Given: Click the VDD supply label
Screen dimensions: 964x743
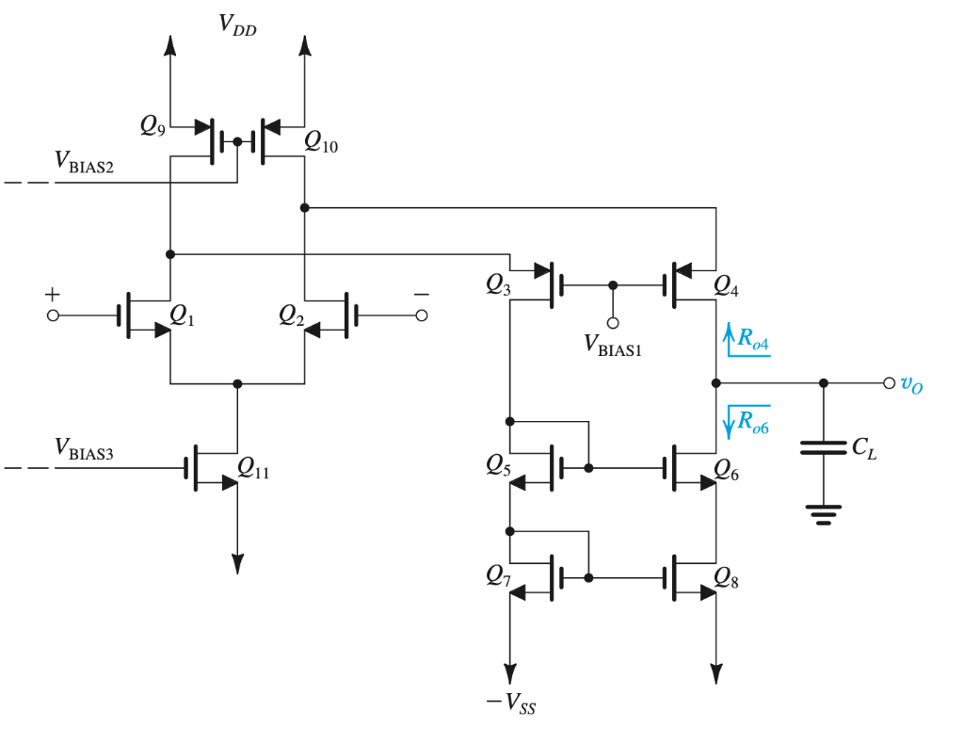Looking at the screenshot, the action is pyautogui.click(x=237, y=25).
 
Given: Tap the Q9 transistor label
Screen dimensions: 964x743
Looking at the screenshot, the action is pyautogui.click(x=153, y=125).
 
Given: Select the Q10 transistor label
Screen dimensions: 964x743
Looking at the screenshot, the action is pyautogui.click(x=321, y=142).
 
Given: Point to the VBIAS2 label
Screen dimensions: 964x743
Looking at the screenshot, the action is pyautogui.click(x=84, y=162).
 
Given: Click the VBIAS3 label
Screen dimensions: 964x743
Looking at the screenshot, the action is pyautogui.click(x=84, y=448).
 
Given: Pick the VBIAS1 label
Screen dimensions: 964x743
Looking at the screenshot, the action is pyautogui.click(x=612, y=345).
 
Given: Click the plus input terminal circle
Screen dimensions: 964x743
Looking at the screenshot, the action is pyautogui.click(x=53, y=315).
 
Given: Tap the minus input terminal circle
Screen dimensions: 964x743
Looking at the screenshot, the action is pyautogui.click(x=422, y=315).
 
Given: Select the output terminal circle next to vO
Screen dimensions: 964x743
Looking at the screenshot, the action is pyautogui.click(x=889, y=383).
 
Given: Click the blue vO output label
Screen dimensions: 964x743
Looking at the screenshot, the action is pyautogui.click(x=911, y=384).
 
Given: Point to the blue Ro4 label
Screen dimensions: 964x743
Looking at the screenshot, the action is pyautogui.click(x=753, y=338).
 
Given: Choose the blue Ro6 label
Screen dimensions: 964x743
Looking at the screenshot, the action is pyautogui.click(x=753, y=422).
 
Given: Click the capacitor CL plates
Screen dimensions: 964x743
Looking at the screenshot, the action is pyautogui.click(x=824, y=447).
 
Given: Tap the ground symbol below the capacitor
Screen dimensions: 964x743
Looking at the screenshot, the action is pyautogui.click(x=824, y=515).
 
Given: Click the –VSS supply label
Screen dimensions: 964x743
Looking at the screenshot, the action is pyautogui.click(x=511, y=703).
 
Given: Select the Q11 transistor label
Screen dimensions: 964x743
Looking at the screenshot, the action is pyautogui.click(x=253, y=469).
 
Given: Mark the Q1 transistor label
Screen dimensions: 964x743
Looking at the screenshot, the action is pyautogui.click(x=182, y=315).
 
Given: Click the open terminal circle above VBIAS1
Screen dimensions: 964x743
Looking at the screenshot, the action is pyautogui.click(x=613, y=323).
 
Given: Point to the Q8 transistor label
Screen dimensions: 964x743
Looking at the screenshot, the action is pyautogui.click(x=726, y=577).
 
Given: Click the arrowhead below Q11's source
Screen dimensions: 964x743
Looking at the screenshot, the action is pyautogui.click(x=238, y=564).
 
